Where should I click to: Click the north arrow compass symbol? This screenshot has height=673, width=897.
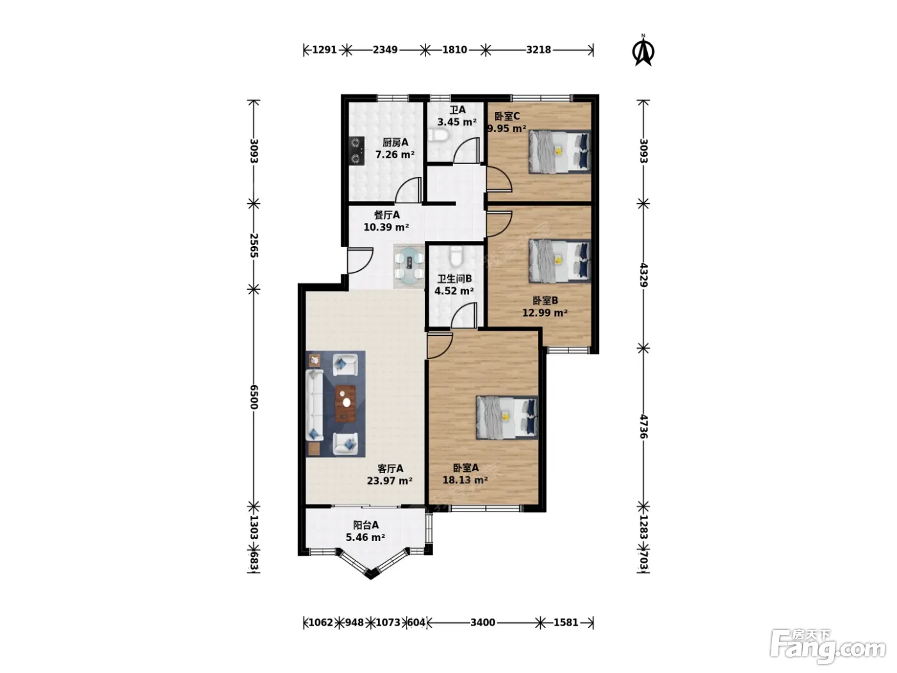coord(643,51)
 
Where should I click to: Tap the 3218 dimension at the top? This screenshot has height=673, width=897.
coord(538,50)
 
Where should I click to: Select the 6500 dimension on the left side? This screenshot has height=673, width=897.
coord(254,397)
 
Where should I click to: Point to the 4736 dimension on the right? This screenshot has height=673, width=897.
coord(644,427)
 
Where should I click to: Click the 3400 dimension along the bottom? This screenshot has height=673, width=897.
coord(482,623)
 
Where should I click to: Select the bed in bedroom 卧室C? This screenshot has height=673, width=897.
coord(560,152)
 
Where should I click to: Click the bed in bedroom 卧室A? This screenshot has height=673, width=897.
coord(507,417)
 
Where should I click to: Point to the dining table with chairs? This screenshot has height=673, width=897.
coord(409,267)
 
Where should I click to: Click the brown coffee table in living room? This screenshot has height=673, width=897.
coord(345,404)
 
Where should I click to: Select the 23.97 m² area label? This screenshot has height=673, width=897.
coord(390,481)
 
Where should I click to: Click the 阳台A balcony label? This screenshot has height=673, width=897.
coord(366,525)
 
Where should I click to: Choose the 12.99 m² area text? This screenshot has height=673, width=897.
coord(545,313)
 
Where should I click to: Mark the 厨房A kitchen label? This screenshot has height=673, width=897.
coord(395,142)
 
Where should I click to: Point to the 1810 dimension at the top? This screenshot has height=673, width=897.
coord(454,50)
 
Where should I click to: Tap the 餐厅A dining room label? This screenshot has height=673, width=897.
coord(386,215)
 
